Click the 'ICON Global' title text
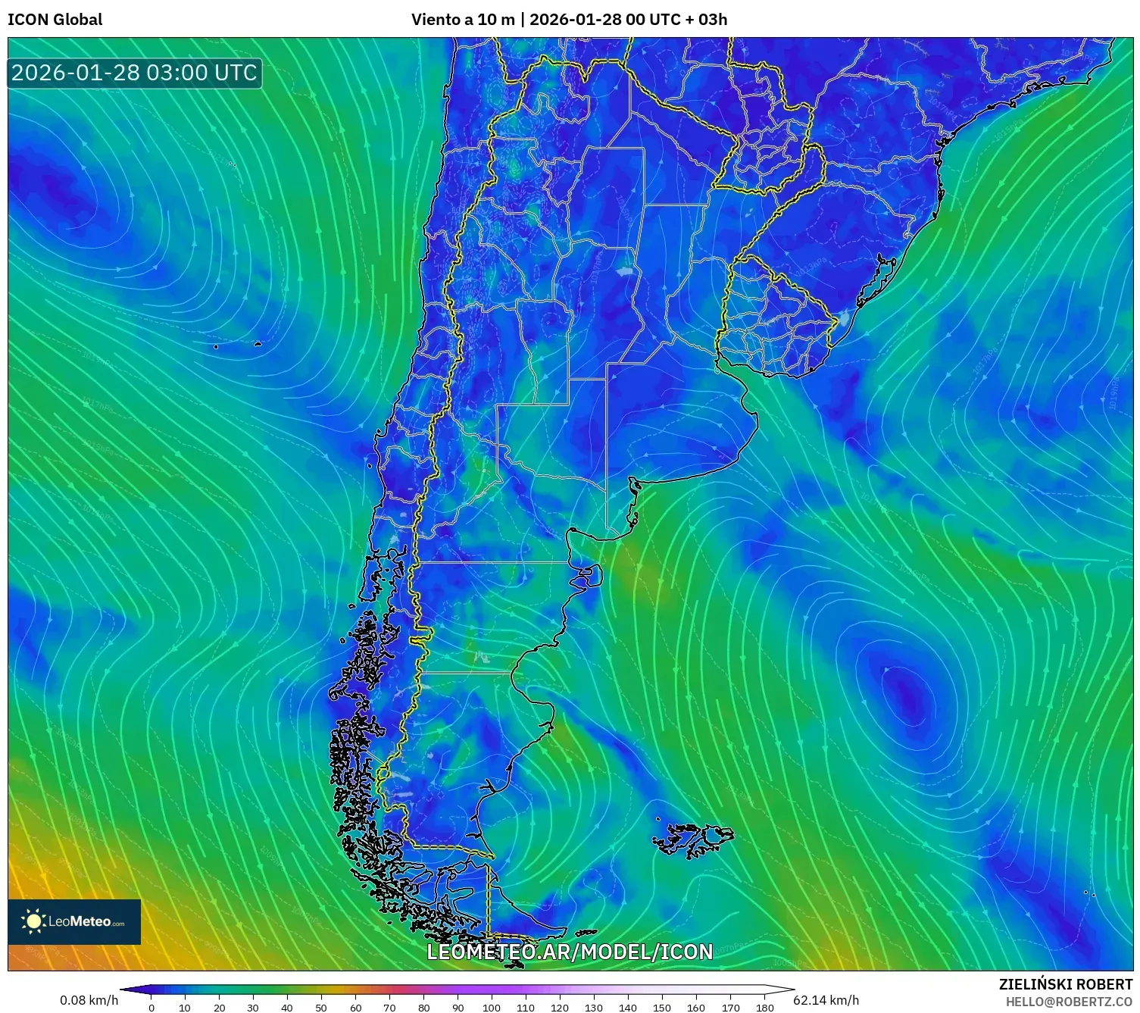pos(55,20)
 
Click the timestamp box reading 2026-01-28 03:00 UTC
pos(135,73)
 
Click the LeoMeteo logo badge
pos(74,921)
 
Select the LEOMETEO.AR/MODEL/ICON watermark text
pos(570,952)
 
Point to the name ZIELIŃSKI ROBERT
pos(1065,984)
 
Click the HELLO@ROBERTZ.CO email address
pos(1069,1002)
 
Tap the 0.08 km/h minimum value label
pos(89,1000)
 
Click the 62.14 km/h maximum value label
pos(826,1000)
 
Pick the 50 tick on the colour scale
pos(321,1008)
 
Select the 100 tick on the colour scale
pos(492,1008)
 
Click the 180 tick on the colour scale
pos(764,1008)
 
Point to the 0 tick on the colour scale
pos(151,1008)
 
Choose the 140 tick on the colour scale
pos(628,1008)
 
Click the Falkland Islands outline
pos(693,839)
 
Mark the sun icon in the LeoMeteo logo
pos(33,921)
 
